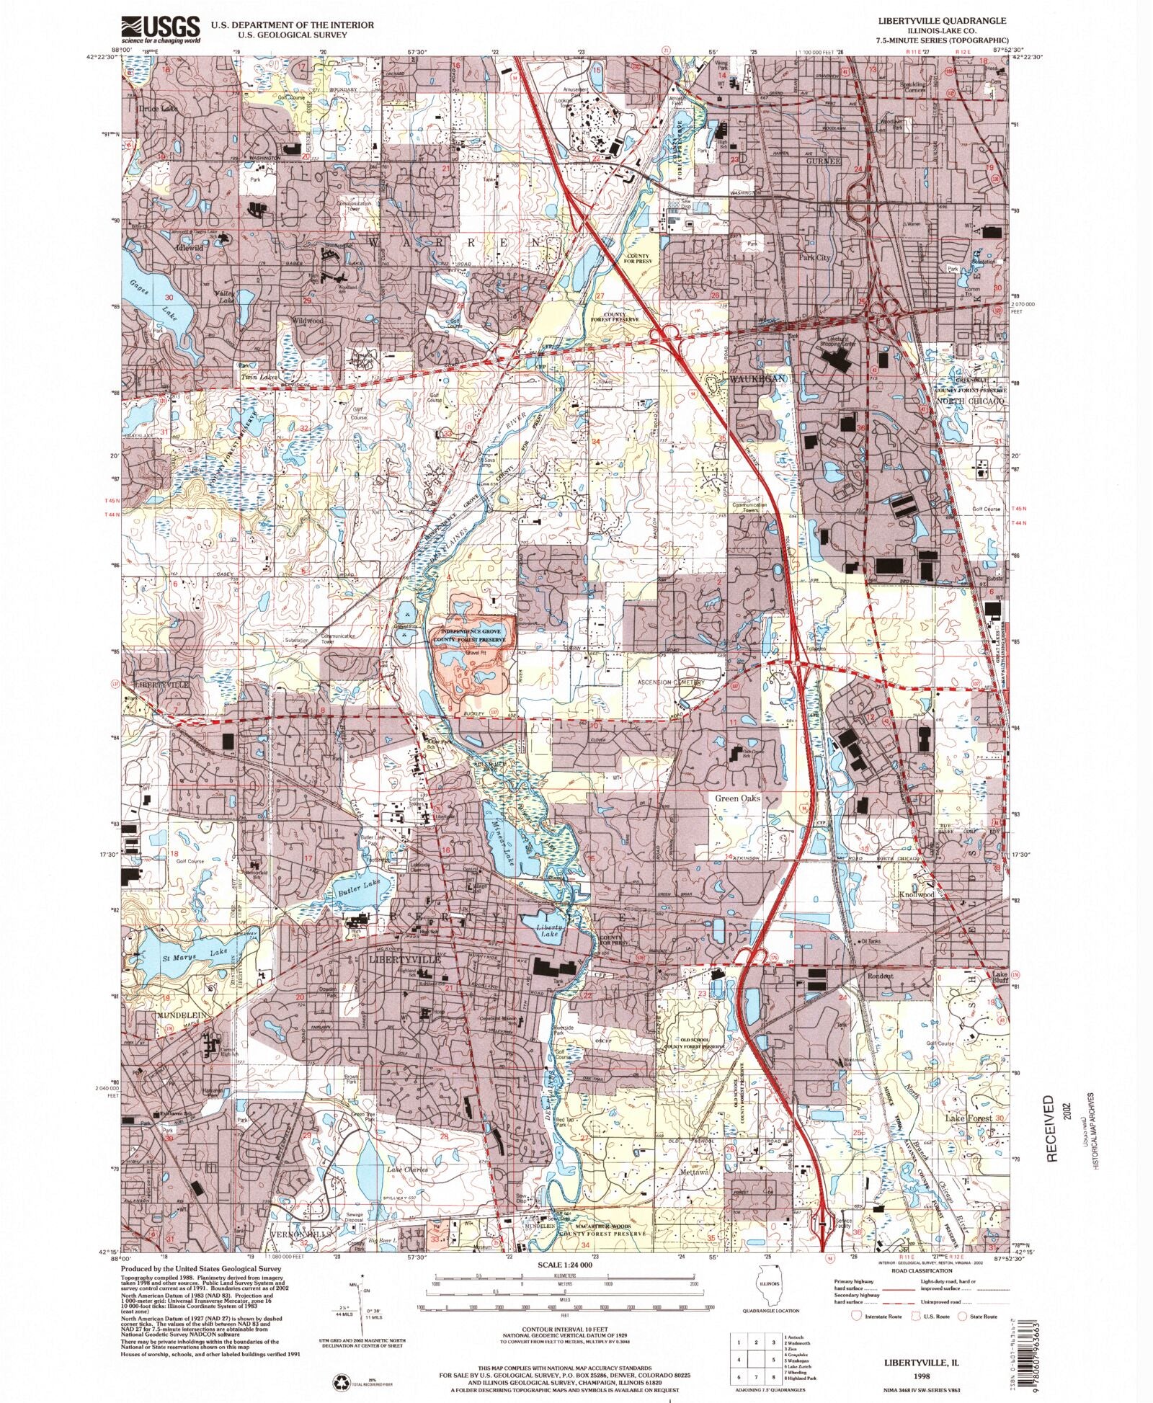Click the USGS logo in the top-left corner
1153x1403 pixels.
coord(160,29)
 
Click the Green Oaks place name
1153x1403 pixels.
coord(738,798)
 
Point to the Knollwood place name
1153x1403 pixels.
coord(917,894)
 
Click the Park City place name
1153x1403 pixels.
coord(814,257)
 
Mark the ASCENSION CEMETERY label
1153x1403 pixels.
coord(669,682)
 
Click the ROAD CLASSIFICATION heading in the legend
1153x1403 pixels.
coord(917,1270)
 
